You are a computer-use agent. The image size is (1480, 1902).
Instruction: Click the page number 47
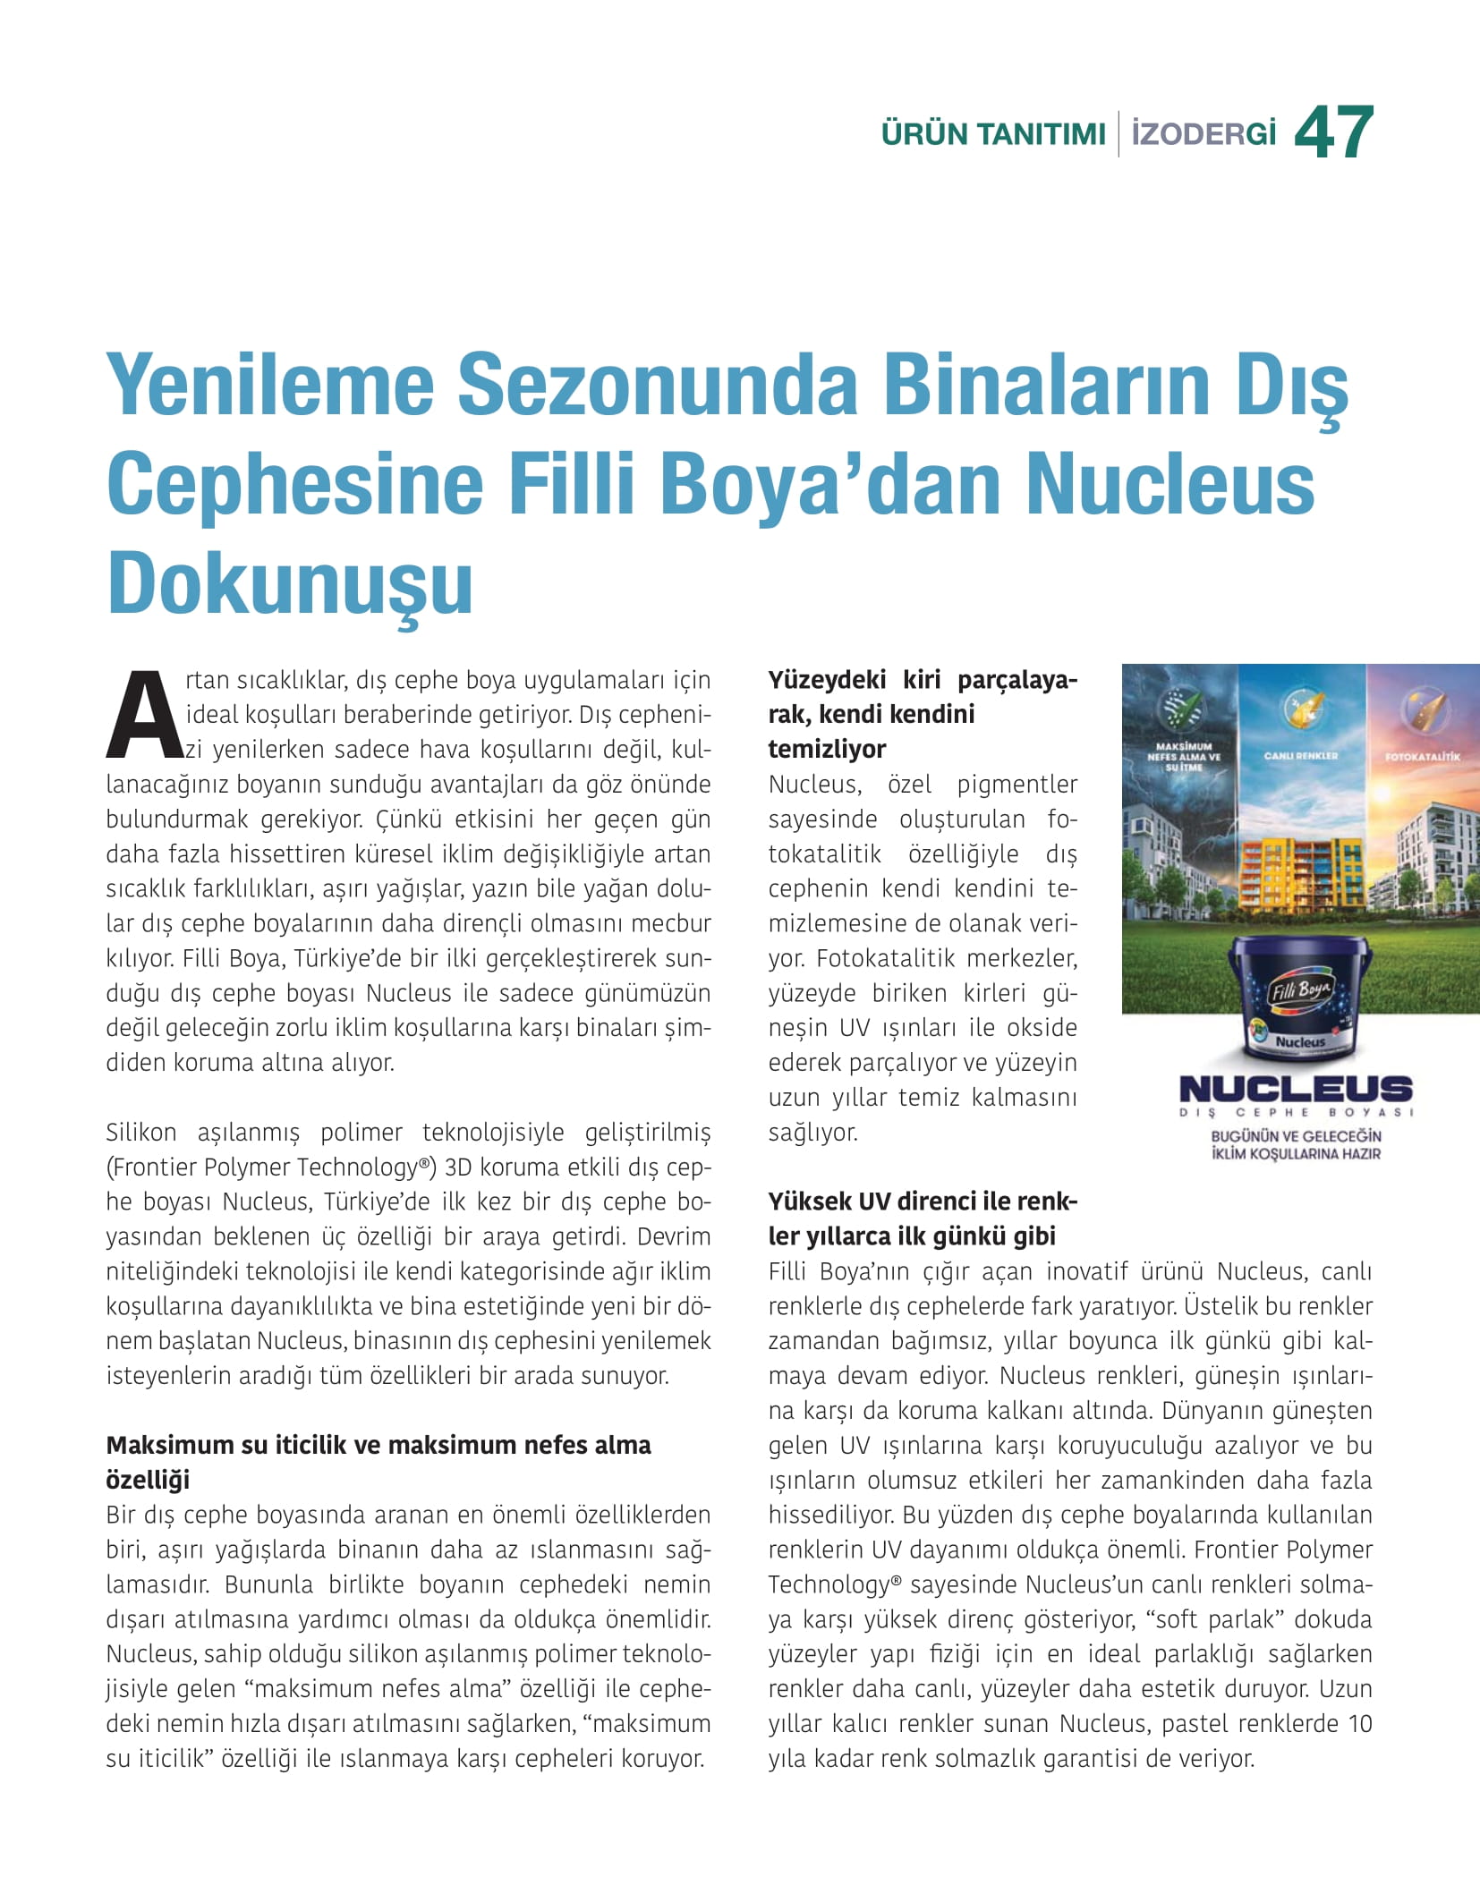[x=1332, y=133]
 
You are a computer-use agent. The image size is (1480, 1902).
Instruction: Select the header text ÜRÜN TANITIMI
[x=993, y=135]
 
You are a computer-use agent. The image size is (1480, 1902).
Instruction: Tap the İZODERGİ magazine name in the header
[x=1203, y=135]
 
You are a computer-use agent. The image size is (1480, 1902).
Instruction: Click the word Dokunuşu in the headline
[x=290, y=583]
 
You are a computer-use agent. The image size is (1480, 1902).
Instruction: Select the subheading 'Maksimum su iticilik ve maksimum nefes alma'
[x=379, y=1445]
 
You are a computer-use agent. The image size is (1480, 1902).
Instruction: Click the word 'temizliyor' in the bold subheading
[x=827, y=749]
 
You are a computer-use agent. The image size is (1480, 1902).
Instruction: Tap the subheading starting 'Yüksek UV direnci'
[x=923, y=1201]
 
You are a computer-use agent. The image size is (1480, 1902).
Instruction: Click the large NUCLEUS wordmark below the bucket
[x=1295, y=1089]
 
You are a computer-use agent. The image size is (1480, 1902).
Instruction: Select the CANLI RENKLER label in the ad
[x=1301, y=756]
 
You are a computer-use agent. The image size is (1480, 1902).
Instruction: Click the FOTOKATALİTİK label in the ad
[x=1423, y=757]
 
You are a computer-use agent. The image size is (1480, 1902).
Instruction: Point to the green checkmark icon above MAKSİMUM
[x=1183, y=710]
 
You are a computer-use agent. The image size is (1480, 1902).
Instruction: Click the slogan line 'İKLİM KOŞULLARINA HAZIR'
[x=1295, y=1154]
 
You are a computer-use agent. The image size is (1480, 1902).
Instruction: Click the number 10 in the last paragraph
[x=1359, y=1724]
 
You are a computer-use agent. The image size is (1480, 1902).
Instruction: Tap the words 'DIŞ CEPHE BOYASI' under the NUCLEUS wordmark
[x=1295, y=1113]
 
